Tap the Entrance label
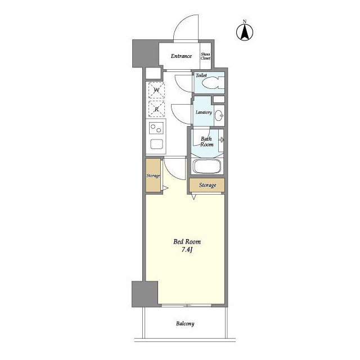point(181,56)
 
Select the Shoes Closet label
point(205,56)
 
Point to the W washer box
point(156,90)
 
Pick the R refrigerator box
point(156,109)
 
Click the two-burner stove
point(156,128)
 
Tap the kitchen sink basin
point(157,144)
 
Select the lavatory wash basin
point(219,115)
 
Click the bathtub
point(207,166)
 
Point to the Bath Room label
point(206,142)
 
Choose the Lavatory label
point(204,112)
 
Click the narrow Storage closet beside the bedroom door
point(153,175)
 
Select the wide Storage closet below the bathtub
point(207,185)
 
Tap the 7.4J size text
point(187,250)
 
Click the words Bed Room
point(187,241)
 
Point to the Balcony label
point(185,323)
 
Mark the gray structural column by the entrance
point(146,53)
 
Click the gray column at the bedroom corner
point(145,294)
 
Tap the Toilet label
point(201,75)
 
